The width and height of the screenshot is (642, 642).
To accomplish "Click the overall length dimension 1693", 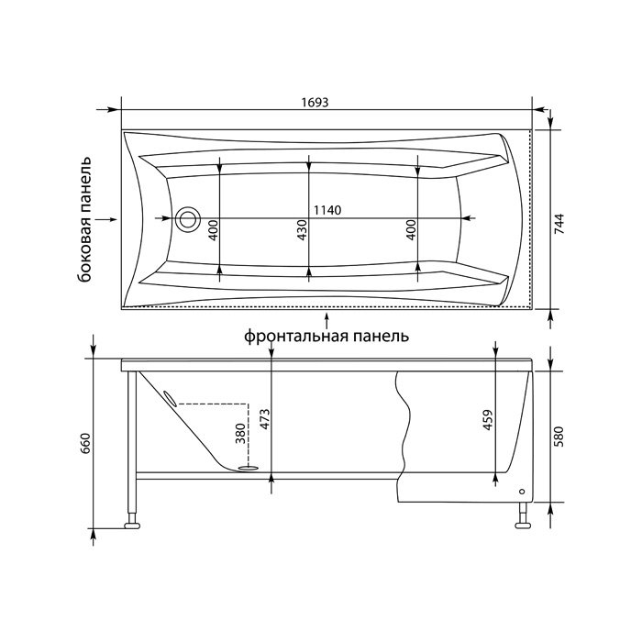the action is (315, 102).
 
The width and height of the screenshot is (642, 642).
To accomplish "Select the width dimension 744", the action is (559, 224).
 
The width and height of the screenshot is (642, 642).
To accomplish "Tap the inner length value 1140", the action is (327, 210).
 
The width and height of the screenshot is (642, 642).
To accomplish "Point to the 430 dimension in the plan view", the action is (302, 230).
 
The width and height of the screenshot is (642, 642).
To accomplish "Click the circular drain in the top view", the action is (187, 219).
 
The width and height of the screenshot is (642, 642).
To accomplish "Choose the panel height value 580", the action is (559, 437).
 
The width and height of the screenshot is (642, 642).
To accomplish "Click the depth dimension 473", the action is (265, 419).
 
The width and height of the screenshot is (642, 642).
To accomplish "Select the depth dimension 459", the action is (488, 420).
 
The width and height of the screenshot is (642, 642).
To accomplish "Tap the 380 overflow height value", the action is (240, 434).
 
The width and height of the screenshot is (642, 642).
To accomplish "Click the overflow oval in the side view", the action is (170, 398).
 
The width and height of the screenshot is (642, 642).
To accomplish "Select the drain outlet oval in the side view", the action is (249, 466).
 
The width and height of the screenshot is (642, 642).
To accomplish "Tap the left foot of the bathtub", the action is (132, 525).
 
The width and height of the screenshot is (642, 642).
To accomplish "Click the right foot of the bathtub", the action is (523, 525).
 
